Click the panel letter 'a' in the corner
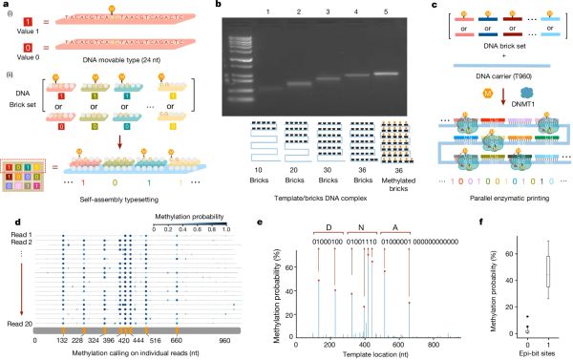click(x=6, y=6)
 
